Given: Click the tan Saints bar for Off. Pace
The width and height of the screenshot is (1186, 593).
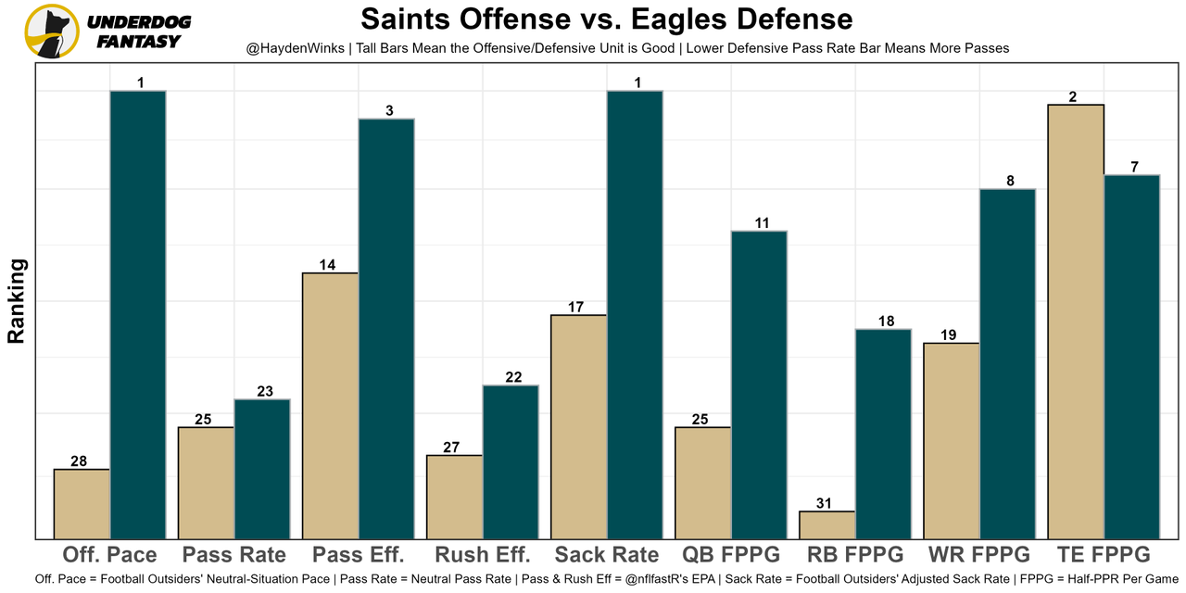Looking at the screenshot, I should [82, 504].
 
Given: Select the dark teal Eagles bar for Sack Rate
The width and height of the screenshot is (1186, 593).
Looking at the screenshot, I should [635, 315].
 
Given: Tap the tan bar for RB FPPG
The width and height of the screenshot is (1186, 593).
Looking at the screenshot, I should [827, 524].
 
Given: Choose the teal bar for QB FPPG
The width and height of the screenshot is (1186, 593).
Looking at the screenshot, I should [759, 385].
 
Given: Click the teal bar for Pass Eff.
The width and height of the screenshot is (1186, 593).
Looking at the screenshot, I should [386, 329].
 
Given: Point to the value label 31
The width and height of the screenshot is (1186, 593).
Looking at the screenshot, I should [825, 503].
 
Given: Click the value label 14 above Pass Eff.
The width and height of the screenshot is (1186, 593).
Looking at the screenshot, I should [327, 265].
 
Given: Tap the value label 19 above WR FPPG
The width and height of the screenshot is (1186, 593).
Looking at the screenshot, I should [948, 335].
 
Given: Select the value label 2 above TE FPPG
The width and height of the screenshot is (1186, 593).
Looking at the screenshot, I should [1074, 96].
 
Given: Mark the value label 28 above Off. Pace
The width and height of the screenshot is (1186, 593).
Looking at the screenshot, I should [79, 461].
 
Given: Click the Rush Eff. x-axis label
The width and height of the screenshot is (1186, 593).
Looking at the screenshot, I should [482, 555].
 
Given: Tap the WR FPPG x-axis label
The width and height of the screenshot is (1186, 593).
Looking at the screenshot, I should [978, 555].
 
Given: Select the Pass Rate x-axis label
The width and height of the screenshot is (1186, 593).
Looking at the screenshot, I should [233, 555].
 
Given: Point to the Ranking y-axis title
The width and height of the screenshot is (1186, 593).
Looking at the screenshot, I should [17, 301].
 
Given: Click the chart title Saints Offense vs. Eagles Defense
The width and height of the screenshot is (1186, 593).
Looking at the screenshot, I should [606, 19].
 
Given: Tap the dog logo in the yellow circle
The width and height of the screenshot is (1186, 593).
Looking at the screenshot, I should [52, 32].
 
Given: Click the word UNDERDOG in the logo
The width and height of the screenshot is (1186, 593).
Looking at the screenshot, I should [139, 21].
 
